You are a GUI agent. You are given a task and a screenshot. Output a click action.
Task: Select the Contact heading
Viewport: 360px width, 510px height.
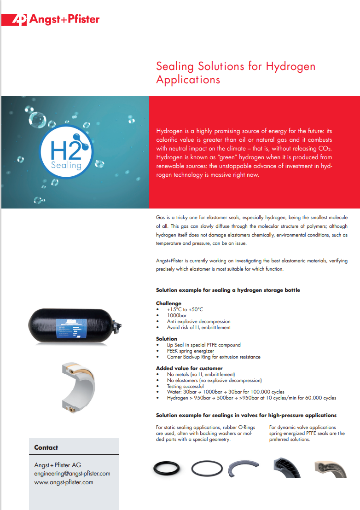[46, 447]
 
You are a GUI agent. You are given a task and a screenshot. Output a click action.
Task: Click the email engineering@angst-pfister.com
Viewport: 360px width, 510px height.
[72, 474]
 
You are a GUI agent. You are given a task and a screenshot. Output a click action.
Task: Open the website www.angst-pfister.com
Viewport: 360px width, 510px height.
[64, 482]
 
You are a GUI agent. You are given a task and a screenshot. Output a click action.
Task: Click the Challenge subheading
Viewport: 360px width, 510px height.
[169, 303]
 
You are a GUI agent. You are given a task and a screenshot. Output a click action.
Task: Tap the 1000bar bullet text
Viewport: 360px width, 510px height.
[177, 315]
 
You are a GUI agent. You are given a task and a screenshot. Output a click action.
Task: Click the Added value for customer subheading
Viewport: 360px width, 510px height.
[189, 368]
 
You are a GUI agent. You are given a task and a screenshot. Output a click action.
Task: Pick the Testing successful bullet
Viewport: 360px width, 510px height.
[186, 386]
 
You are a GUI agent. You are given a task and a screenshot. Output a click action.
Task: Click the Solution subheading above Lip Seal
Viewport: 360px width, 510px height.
[167, 339]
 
